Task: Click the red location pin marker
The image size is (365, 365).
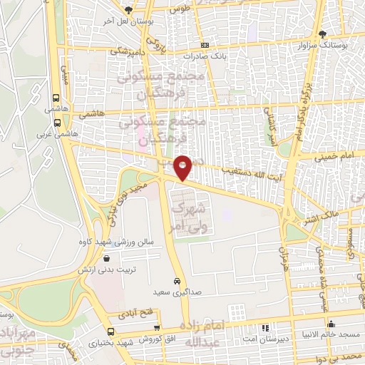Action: pyautogui.click(x=183, y=167)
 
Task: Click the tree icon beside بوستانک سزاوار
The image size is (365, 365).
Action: pyautogui.click(x=323, y=34)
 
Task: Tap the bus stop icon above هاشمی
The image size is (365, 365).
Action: pyautogui.click(x=56, y=98)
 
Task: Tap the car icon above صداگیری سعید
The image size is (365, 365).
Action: pyautogui.click(x=176, y=281)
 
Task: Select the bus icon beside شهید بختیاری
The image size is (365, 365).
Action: pyautogui.click(x=110, y=332)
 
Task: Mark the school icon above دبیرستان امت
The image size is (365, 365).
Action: pyautogui.click(x=266, y=329)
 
